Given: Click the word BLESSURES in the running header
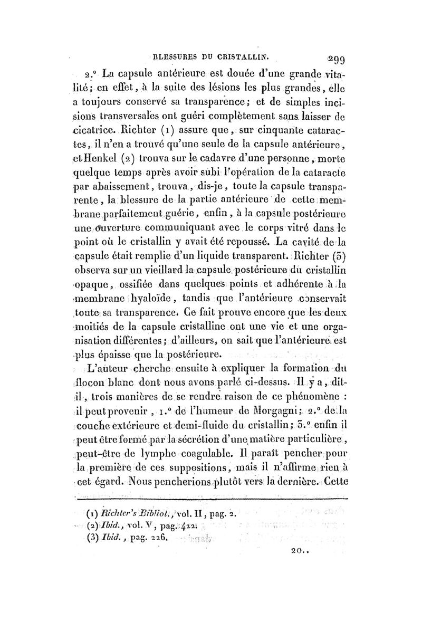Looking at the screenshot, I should tap(173, 53).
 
